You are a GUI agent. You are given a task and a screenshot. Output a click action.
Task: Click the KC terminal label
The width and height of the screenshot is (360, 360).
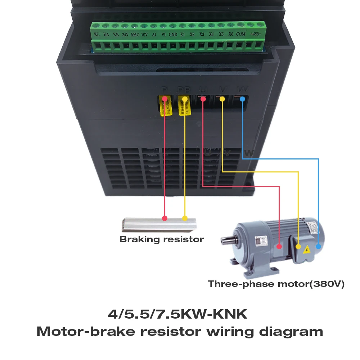[x=96, y=35]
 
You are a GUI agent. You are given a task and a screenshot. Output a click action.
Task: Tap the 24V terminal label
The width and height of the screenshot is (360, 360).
[x=125, y=35]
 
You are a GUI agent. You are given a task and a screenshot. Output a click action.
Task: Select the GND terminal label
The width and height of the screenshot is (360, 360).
[x=173, y=35]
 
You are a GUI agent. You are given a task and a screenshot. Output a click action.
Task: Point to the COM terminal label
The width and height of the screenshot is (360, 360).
[x=241, y=34]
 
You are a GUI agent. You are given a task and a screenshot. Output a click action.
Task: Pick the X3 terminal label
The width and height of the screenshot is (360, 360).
[x=202, y=35]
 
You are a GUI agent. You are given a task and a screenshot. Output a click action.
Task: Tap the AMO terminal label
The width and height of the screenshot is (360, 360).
[x=135, y=35]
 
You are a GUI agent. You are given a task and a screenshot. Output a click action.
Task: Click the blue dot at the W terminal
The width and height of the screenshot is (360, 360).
[x=242, y=99]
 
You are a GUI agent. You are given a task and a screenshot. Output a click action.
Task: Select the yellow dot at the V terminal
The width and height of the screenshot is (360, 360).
[x=222, y=99]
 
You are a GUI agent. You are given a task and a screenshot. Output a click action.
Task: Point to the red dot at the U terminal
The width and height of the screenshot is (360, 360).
[x=203, y=99]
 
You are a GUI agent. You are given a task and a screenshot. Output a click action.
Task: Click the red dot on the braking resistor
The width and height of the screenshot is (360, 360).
[x=165, y=218]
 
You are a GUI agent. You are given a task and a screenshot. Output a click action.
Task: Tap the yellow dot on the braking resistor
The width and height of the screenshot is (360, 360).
[x=185, y=218]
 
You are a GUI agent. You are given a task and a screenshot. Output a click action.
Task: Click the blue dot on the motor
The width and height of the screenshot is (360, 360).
[x=318, y=247]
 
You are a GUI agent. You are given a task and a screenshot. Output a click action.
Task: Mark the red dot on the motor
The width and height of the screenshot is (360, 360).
[x=279, y=247]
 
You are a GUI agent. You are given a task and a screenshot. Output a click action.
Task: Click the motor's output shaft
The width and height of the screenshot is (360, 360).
[x=226, y=239]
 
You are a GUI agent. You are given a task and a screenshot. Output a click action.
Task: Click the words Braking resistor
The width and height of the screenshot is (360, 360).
[x=162, y=239]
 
